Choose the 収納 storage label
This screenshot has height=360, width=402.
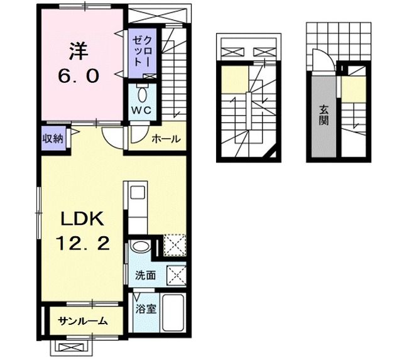coord(52,138)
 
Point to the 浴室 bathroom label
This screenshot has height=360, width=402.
coord(141,309)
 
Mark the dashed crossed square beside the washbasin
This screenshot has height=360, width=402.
coord(173,245)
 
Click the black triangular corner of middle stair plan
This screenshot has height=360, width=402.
coord(271,154)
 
